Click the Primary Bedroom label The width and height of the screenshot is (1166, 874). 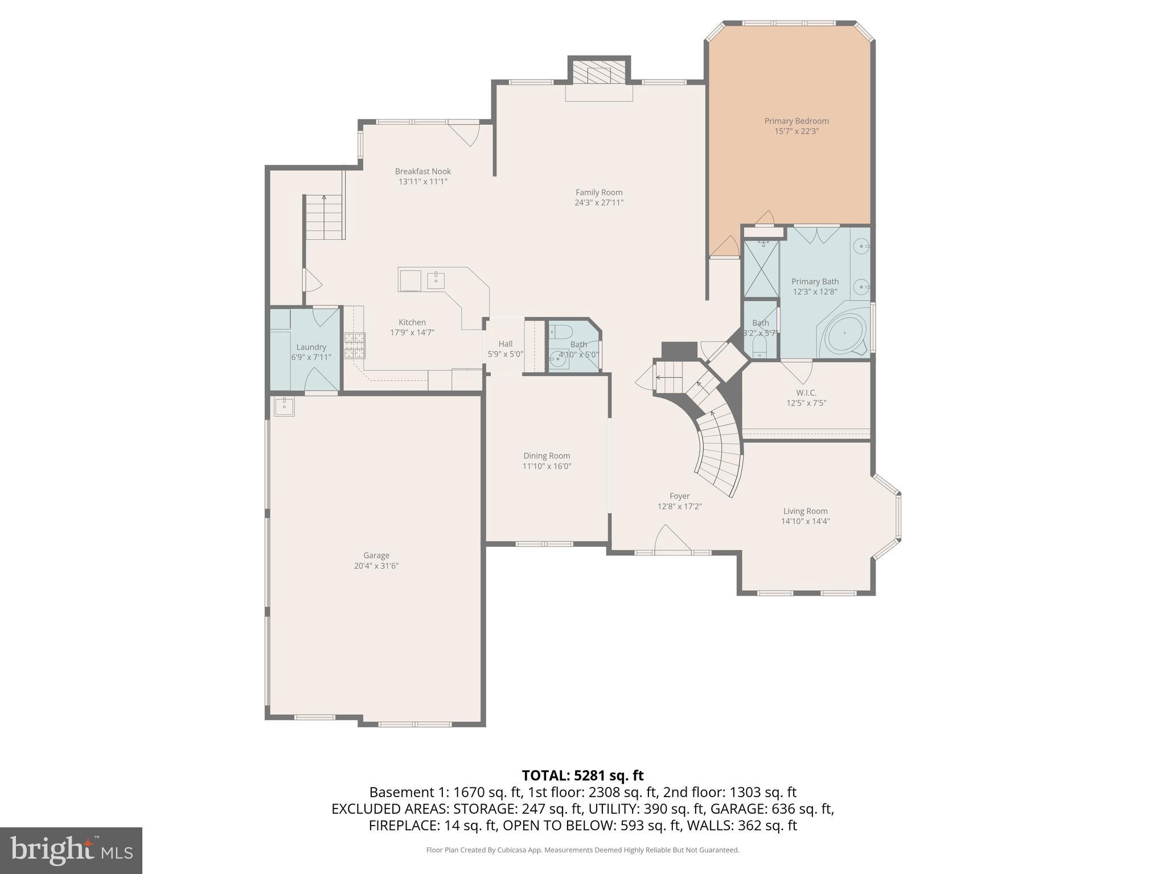[796, 121]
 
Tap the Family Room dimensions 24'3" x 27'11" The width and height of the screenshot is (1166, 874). [599, 203]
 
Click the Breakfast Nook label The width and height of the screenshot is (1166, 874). [423, 171]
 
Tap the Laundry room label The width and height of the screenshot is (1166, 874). [311, 347]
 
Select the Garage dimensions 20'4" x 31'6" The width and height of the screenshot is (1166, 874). [376, 566]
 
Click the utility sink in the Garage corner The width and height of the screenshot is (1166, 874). [284, 406]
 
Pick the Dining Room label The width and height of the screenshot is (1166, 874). [547, 456]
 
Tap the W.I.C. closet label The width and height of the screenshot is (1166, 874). [806, 393]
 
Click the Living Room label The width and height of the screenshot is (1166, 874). [805, 511]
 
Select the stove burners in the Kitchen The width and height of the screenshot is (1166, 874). [354, 345]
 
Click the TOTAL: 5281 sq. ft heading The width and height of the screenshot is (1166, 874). [582, 776]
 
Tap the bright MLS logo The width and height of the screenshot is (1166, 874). [71, 850]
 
